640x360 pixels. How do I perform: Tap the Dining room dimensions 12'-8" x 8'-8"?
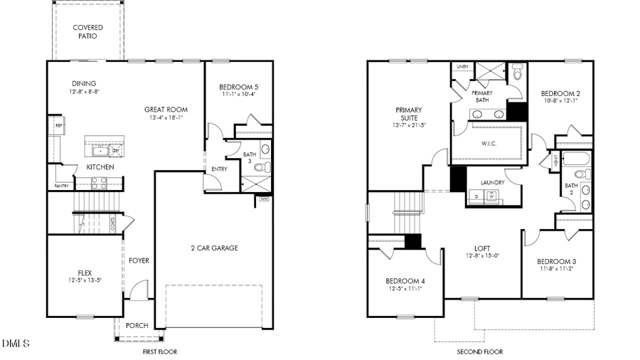tap(83, 92)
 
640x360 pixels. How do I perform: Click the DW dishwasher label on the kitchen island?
tap(115, 151)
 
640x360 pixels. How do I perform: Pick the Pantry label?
tap(61, 186)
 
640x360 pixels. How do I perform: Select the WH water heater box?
tap(264, 199)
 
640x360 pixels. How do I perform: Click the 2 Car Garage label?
tap(214, 248)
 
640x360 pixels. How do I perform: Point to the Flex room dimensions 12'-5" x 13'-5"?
tap(85, 280)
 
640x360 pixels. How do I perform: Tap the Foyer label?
tap(139, 260)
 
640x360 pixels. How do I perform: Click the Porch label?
tap(137, 326)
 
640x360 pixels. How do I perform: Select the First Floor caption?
tap(159, 351)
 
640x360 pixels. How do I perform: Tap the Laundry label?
tap(492, 183)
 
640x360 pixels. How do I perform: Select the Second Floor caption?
tap(479, 351)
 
